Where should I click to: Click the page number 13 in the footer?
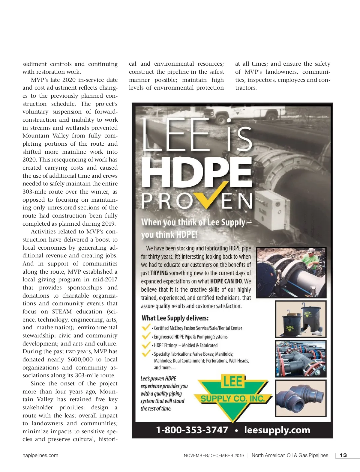(x=343, y=455)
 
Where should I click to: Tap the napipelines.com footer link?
(x=40, y=455)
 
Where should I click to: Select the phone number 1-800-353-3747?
(x=192, y=430)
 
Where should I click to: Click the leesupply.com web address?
(x=277, y=430)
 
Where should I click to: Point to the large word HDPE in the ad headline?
(x=196, y=172)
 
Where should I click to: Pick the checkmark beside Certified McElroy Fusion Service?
(x=146, y=327)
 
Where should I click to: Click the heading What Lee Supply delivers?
(x=175, y=318)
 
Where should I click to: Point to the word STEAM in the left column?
(x=62, y=312)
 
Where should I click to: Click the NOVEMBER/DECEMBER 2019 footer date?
(x=214, y=456)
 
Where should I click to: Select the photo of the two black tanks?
(x=301, y=319)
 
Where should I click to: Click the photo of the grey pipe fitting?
(x=301, y=398)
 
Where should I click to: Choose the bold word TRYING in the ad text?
(x=159, y=273)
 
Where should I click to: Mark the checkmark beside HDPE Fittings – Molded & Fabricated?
(x=146, y=345)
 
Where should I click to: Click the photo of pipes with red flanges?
(x=301, y=359)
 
